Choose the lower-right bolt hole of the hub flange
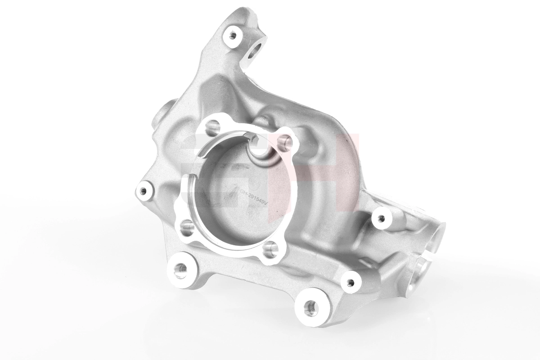[270, 249]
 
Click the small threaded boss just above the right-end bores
[382, 219]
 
